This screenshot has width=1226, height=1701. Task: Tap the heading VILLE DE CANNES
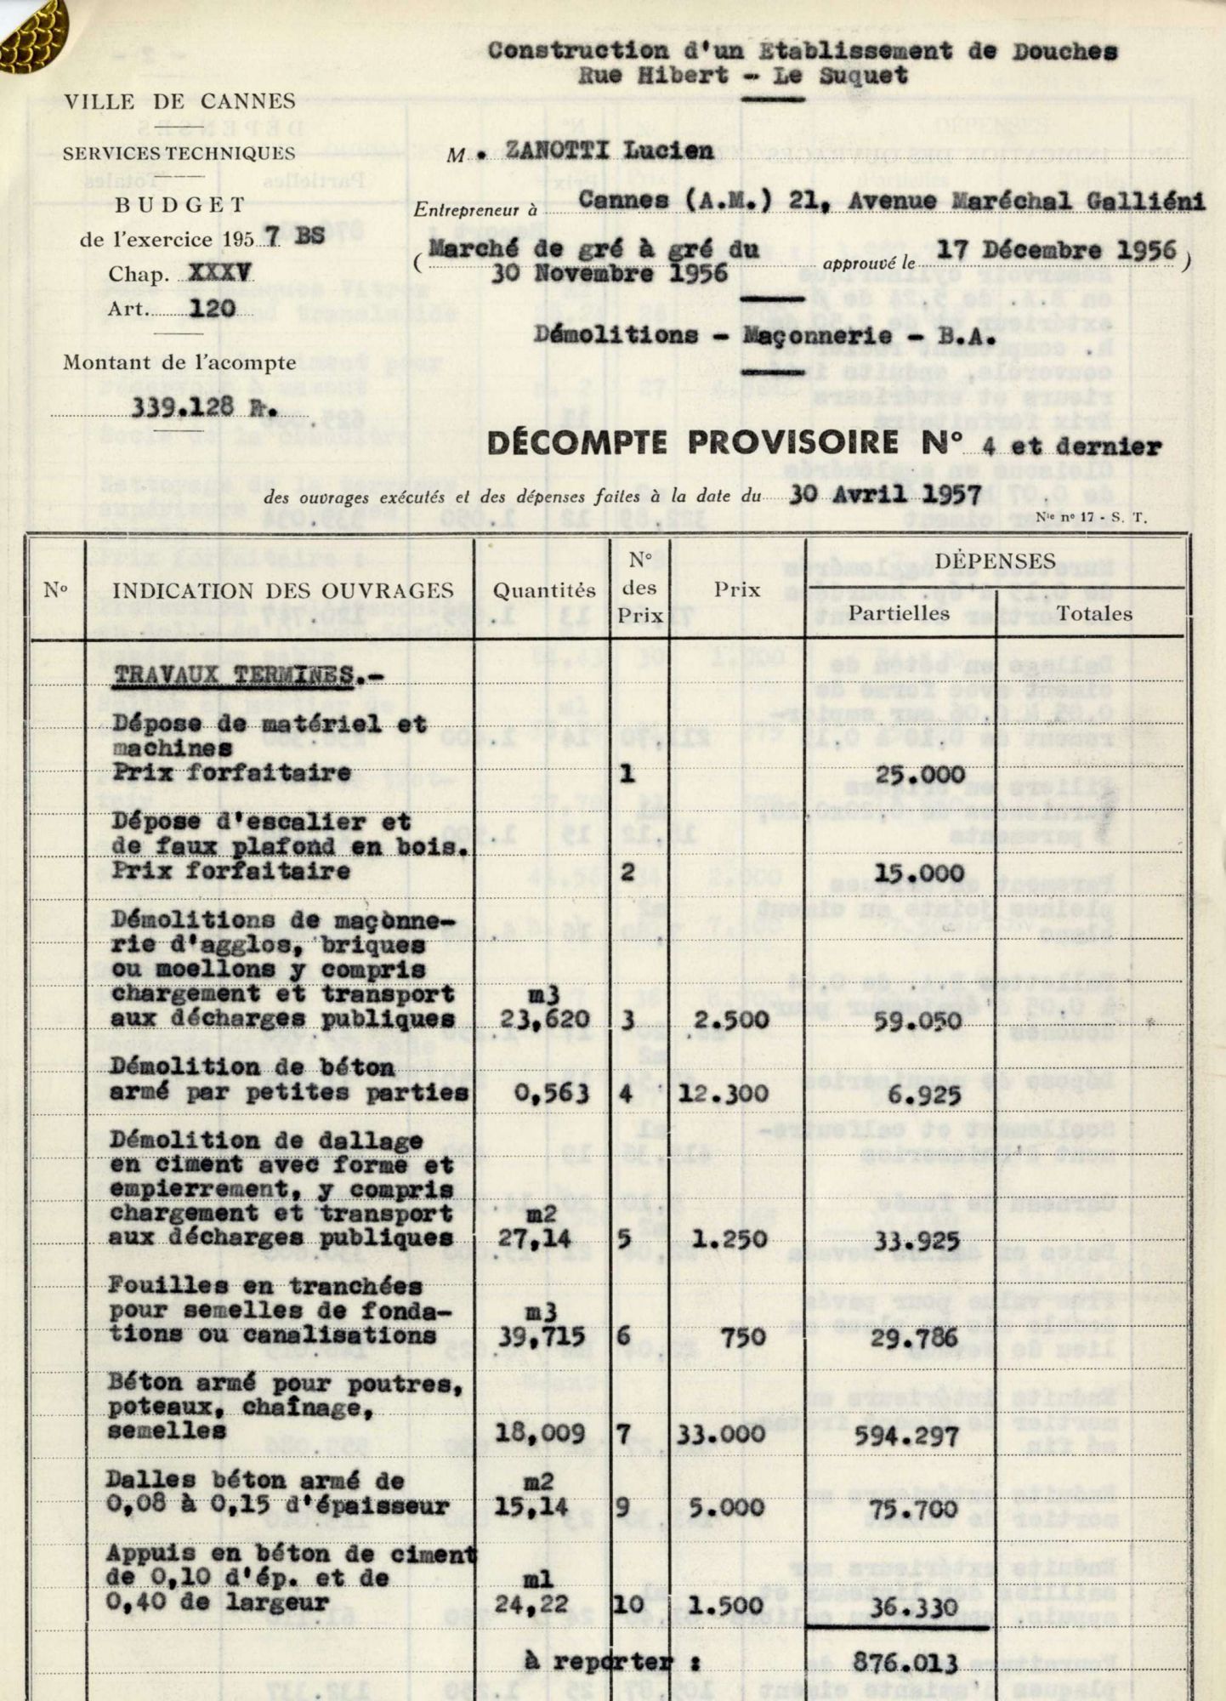[x=180, y=102]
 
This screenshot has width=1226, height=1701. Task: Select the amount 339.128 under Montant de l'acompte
[x=183, y=406]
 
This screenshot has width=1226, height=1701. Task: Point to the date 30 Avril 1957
[x=885, y=494]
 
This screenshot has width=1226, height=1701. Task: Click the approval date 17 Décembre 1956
[x=1058, y=250]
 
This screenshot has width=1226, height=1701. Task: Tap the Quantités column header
[x=545, y=589]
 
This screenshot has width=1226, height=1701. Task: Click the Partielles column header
[x=900, y=612]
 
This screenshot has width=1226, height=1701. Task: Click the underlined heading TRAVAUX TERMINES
[x=235, y=674]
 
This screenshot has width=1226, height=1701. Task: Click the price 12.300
[x=724, y=1093]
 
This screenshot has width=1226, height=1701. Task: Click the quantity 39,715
[x=545, y=1336]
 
